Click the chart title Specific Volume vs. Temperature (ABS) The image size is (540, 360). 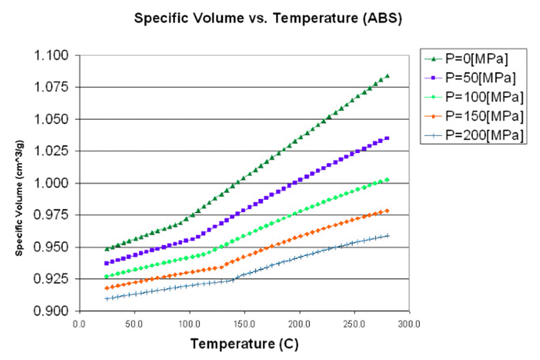tap(268, 18)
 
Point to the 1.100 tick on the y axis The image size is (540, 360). tap(52, 56)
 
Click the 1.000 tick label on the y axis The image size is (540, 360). tap(52, 183)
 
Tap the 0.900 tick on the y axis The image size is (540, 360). tap(52, 311)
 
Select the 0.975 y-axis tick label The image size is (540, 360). tap(52, 215)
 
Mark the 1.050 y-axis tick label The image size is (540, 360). tap(52, 119)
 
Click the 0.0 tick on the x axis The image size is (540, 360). tap(79, 323)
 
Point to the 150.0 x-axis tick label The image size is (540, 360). tap(244, 323)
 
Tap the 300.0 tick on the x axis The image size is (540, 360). tap(409, 323)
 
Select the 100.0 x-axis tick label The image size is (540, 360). tap(189, 323)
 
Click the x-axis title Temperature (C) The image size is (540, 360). tap(244, 344)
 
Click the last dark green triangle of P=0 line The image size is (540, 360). tap(388, 76)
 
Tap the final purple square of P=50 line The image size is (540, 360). tap(388, 139)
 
